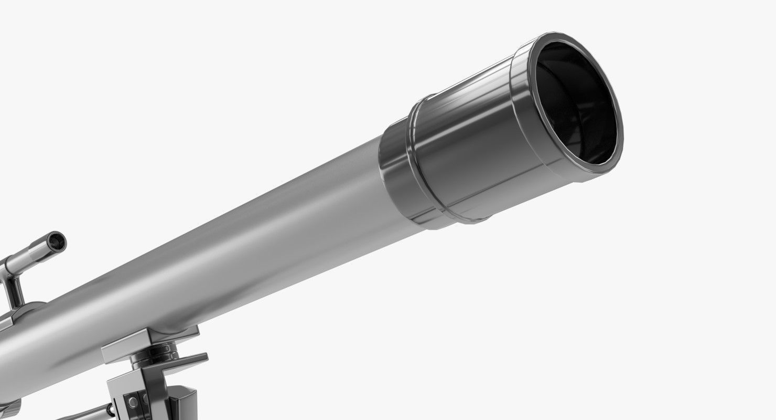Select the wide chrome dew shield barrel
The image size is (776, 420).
472,152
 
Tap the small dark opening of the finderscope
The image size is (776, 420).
56,242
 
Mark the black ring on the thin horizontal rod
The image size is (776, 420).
111,410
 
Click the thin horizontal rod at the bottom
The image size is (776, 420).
84,415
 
